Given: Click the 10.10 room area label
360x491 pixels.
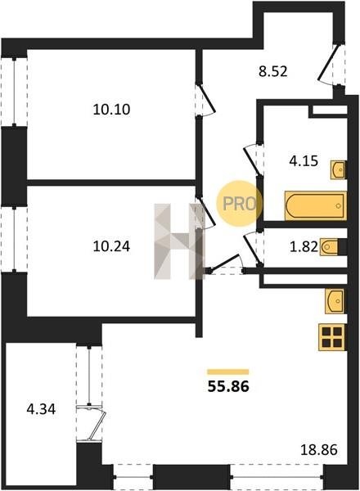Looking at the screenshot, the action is coord(111,110).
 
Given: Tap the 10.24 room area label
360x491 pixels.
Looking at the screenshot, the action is coord(111,246).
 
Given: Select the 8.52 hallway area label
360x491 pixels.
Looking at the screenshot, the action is coord(273,72).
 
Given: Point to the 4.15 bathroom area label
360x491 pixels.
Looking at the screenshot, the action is coord(304,161).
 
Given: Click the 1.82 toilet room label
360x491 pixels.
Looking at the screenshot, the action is coord(304,247).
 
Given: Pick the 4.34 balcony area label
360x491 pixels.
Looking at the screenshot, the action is coord(41,409).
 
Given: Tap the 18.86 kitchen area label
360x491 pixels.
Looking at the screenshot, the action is coord(319,449).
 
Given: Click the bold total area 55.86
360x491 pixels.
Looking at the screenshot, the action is coord(228,386).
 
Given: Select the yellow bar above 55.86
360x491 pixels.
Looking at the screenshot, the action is coord(228,372).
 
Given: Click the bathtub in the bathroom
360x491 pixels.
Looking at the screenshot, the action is coord(316,205).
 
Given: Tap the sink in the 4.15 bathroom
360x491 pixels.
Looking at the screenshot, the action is coord(338,169).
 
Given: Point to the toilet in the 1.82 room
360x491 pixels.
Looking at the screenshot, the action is coord(330,247).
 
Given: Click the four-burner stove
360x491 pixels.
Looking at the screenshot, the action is coord(332,337).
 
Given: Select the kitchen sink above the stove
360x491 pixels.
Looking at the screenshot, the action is coord(335,300).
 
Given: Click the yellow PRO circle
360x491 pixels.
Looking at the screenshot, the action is coord(240,204).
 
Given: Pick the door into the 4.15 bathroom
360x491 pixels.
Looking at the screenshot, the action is coord(253,160).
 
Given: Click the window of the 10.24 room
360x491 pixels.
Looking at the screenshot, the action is coord(14,239).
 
